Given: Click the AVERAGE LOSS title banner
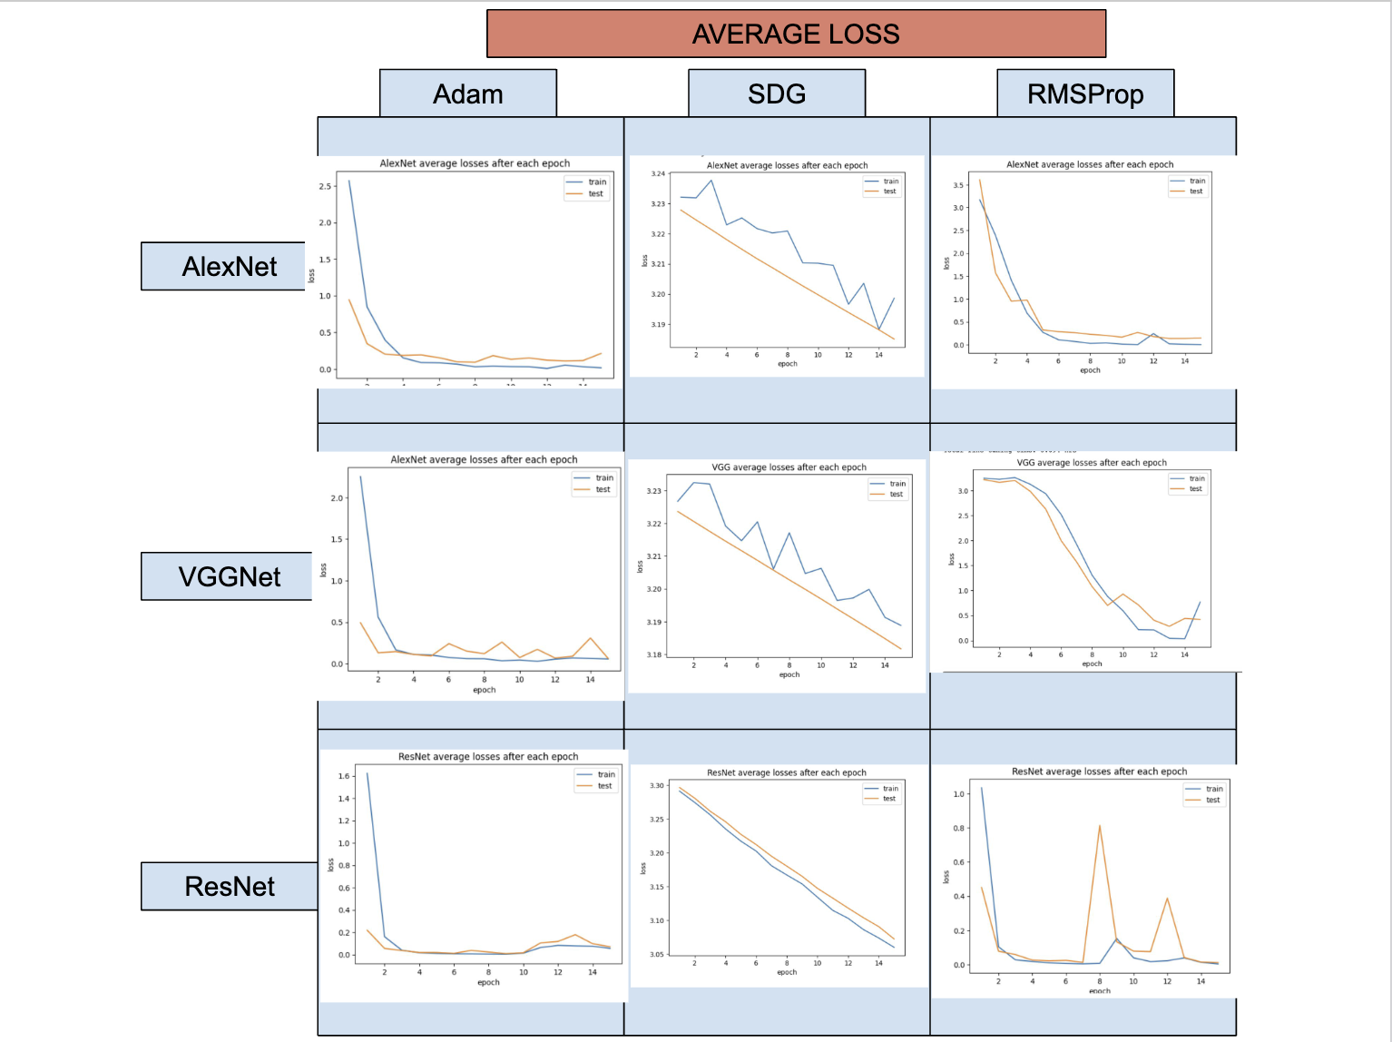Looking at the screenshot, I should click(796, 34).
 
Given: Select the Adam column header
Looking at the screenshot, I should click(467, 93).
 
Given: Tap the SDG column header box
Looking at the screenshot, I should click(777, 93).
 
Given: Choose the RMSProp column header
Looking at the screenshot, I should click(1085, 93).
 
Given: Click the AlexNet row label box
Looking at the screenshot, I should click(229, 266).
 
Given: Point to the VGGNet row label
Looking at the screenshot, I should click(229, 576).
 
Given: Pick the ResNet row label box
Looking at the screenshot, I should click(229, 886).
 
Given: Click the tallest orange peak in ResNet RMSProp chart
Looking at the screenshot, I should click(1100, 825).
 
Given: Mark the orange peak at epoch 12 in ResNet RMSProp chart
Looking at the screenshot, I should click(1167, 898).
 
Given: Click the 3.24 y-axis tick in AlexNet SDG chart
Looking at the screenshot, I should click(658, 173).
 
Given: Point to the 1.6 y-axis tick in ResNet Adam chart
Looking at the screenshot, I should click(344, 776).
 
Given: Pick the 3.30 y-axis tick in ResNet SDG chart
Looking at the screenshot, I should click(657, 786).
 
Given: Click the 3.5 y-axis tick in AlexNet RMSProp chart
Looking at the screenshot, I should click(958, 185).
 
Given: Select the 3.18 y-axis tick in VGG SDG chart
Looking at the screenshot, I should click(653, 654).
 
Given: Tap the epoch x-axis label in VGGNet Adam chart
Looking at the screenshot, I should click(484, 690).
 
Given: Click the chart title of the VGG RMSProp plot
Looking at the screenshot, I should click(1092, 463).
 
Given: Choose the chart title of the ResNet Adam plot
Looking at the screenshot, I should click(488, 756).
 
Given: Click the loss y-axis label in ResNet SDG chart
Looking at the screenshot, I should click(643, 869).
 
